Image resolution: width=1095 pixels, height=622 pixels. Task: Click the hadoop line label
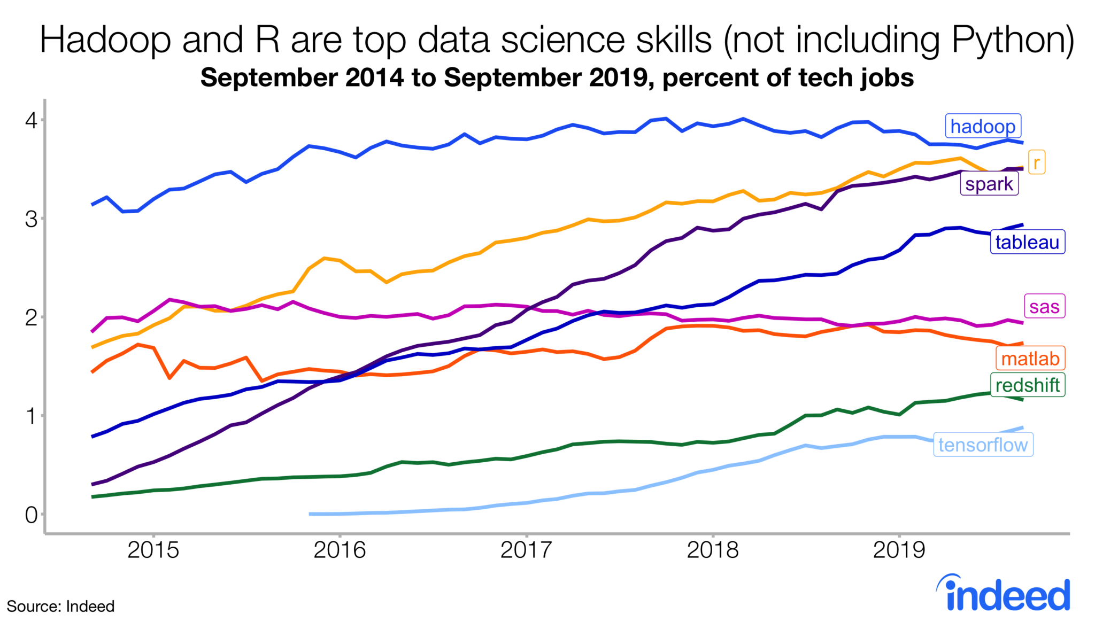pyautogui.click(x=983, y=127)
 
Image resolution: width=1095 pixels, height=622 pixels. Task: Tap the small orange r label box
pyautogui.click(x=1036, y=162)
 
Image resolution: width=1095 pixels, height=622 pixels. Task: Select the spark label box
pyautogui.click(x=989, y=184)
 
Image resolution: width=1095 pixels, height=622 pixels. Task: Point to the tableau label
pyautogui.click(x=1027, y=242)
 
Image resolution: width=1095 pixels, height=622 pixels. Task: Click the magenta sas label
pyautogui.click(x=1044, y=307)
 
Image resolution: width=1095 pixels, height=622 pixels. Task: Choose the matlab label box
pyautogui.click(x=1030, y=359)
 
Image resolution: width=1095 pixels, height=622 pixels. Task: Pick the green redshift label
pyautogui.click(x=1027, y=385)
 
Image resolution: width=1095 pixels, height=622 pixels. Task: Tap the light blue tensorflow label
pyautogui.click(x=983, y=445)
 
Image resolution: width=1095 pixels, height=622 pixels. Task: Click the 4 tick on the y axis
pyautogui.click(x=31, y=120)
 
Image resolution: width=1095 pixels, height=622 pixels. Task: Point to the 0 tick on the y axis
pyautogui.click(x=31, y=515)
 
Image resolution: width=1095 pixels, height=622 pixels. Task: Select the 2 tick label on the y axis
pyautogui.click(x=31, y=317)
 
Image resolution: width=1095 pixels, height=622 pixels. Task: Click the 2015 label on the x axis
pyautogui.click(x=153, y=549)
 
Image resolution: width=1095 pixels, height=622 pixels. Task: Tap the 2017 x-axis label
pyautogui.click(x=526, y=549)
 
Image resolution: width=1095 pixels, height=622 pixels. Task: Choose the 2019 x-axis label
pyautogui.click(x=899, y=549)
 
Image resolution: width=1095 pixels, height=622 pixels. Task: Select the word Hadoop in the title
pyautogui.click(x=105, y=40)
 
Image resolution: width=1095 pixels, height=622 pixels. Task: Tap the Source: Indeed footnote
pyautogui.click(x=60, y=607)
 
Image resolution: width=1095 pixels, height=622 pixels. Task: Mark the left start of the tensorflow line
pyautogui.click(x=311, y=514)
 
